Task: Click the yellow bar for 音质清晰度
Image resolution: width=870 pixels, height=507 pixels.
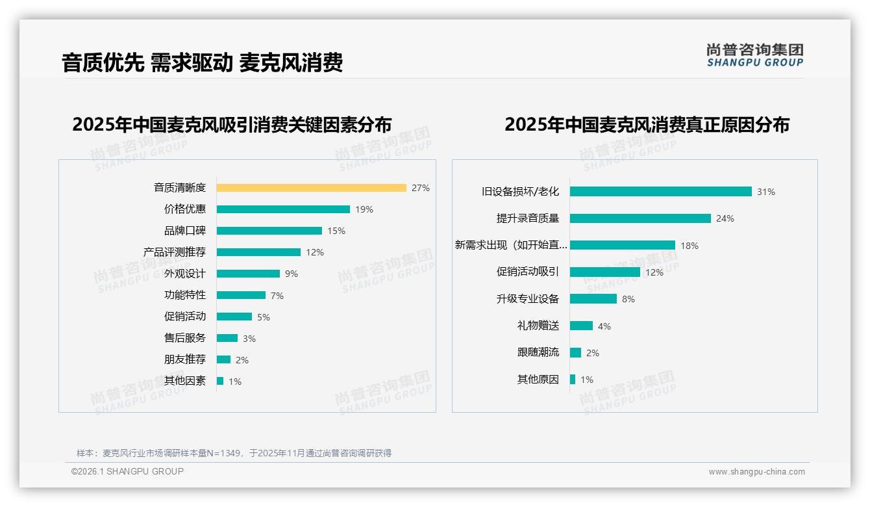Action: coord(311,188)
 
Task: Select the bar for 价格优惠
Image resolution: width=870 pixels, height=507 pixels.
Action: coord(283,209)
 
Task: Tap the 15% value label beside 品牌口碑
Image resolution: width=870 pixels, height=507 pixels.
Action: coord(336,231)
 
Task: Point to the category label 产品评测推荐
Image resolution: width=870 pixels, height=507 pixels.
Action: coord(174,252)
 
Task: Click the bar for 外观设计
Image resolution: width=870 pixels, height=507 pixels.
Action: coord(248,274)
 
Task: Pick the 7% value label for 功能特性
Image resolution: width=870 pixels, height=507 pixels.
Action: coord(277,296)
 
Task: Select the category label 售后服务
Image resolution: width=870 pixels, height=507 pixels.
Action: coord(184,338)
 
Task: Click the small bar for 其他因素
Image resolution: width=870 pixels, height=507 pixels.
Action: coord(220,381)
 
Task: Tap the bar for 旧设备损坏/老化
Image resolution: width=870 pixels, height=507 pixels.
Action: coord(660,192)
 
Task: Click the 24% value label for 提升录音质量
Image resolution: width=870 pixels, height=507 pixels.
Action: coord(725,218)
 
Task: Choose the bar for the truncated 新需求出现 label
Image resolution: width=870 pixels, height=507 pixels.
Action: coord(622,245)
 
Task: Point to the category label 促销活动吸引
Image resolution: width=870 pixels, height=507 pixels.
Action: coord(527,272)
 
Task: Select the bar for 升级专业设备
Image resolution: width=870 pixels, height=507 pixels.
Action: coord(593,299)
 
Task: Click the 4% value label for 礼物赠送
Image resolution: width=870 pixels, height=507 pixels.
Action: coord(604,326)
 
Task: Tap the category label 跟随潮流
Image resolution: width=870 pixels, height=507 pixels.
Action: coord(538,352)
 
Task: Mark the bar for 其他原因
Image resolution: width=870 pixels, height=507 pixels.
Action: coord(573,380)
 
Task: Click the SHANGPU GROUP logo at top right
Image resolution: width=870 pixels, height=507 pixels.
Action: coord(754,55)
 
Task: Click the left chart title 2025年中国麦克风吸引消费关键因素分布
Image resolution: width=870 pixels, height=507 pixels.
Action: coord(232,124)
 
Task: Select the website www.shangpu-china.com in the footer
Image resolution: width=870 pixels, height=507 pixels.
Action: coord(756,472)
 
